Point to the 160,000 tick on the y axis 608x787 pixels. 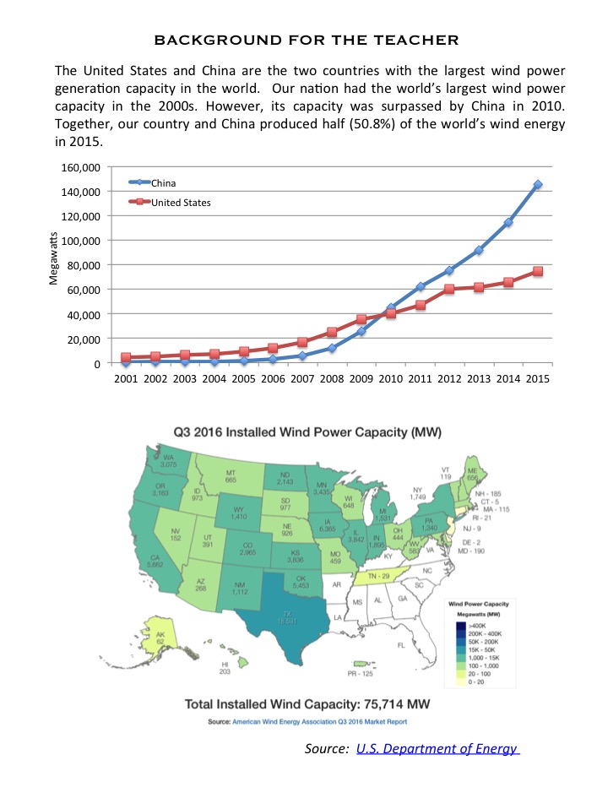point(81,167)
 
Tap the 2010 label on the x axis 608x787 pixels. point(390,379)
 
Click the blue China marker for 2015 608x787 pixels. point(538,184)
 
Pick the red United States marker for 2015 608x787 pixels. point(538,272)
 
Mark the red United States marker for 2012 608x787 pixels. point(450,289)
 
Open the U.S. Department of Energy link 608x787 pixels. point(437,748)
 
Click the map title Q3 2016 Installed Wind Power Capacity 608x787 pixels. point(307,431)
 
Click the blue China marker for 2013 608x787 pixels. point(479,250)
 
